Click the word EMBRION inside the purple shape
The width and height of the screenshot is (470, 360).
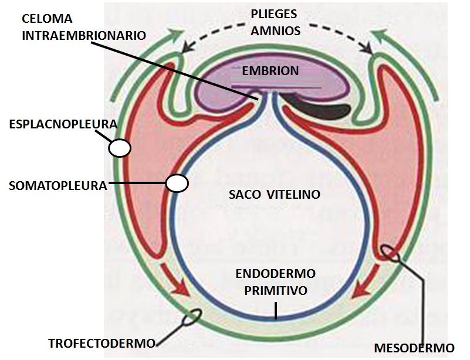(x=270, y=71)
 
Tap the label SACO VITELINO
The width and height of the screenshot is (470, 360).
(x=275, y=195)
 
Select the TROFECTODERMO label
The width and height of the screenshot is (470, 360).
(x=102, y=343)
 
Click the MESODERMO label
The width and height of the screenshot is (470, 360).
(x=414, y=348)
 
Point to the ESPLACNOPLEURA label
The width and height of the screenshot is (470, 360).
(x=63, y=124)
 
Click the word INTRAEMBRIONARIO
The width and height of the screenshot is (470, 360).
(x=84, y=35)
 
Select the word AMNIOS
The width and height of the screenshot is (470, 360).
(x=275, y=30)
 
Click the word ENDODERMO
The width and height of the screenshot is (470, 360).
(x=275, y=274)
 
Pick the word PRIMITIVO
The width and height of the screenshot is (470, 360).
(x=275, y=290)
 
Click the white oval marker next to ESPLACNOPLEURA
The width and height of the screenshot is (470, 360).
(x=120, y=147)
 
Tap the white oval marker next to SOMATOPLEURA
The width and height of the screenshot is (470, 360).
(x=176, y=184)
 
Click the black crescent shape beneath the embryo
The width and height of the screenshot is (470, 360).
(x=326, y=109)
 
